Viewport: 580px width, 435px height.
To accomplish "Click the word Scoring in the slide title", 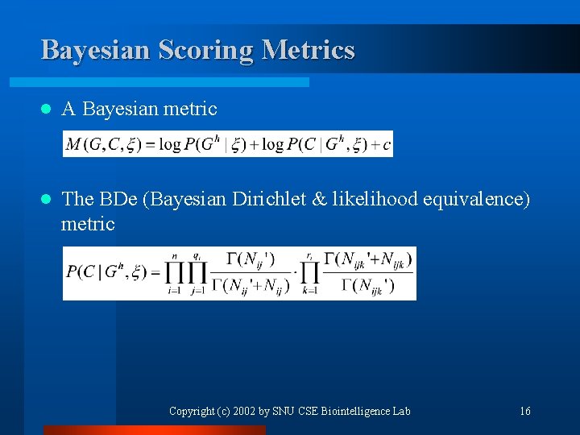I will click(x=201, y=50).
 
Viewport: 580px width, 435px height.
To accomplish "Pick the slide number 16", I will click(x=525, y=411).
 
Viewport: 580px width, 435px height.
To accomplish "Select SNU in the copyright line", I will click(x=284, y=411).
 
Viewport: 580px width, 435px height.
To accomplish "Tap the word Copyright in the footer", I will click(x=192, y=411).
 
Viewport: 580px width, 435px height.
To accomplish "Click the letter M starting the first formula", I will click(x=73, y=144).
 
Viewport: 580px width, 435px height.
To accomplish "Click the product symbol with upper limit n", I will click(x=174, y=273).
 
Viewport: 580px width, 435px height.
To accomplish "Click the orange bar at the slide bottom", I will click(x=153, y=430).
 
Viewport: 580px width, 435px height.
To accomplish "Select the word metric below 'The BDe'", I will click(x=88, y=224).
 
